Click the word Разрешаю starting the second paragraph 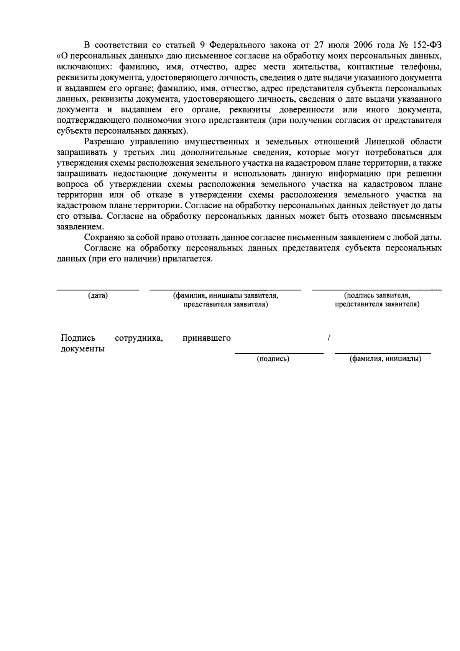103,142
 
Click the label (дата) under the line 98,296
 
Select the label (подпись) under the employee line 273,359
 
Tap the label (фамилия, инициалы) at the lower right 385,359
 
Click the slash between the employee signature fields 329,338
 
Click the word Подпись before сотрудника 78,338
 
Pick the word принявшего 207,338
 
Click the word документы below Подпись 83,349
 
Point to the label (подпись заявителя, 377,296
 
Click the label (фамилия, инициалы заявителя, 225,296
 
